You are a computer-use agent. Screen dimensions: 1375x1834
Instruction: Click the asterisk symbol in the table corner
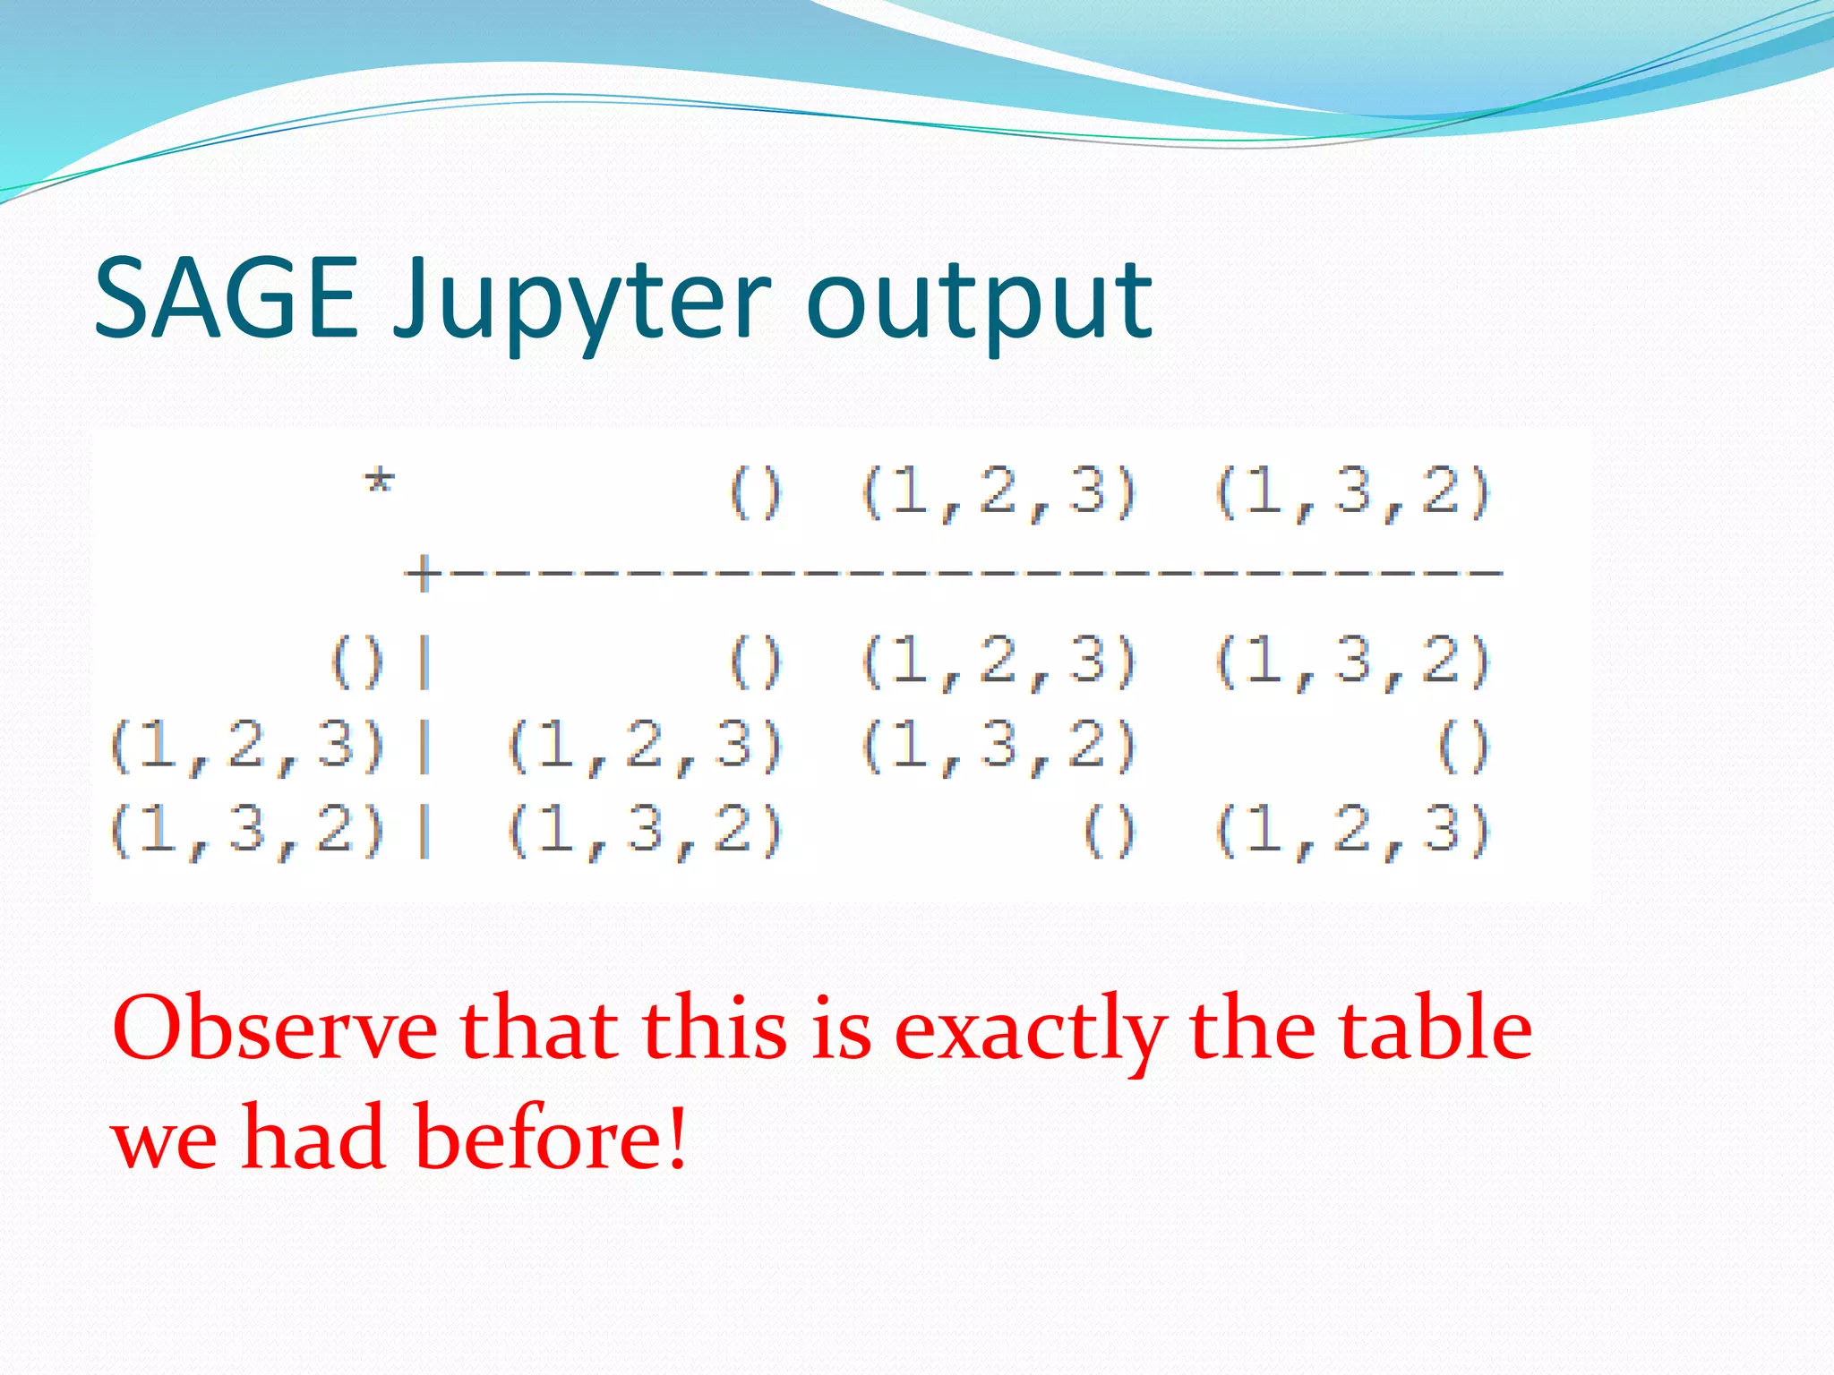coord(379,483)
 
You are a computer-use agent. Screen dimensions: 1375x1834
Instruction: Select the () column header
coord(755,493)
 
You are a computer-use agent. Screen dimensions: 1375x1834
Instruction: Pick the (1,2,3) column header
coord(998,493)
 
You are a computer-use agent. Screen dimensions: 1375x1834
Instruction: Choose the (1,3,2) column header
coord(1352,493)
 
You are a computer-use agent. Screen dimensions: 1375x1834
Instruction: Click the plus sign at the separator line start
coord(419,572)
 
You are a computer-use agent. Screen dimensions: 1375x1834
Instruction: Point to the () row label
coord(357,663)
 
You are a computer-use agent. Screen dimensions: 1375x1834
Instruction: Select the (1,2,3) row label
coord(248,747)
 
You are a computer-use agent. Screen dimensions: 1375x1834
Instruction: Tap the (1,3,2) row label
coord(248,830)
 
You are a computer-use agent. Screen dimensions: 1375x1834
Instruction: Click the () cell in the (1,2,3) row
coord(1463,747)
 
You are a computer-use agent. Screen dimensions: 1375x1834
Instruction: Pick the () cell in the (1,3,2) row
coord(1109,830)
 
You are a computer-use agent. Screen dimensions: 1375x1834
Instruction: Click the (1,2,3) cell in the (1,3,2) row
coord(1352,830)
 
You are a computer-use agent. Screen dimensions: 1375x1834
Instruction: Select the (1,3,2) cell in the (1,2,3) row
coord(998,747)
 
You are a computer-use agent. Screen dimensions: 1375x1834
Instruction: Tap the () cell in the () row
coord(755,663)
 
